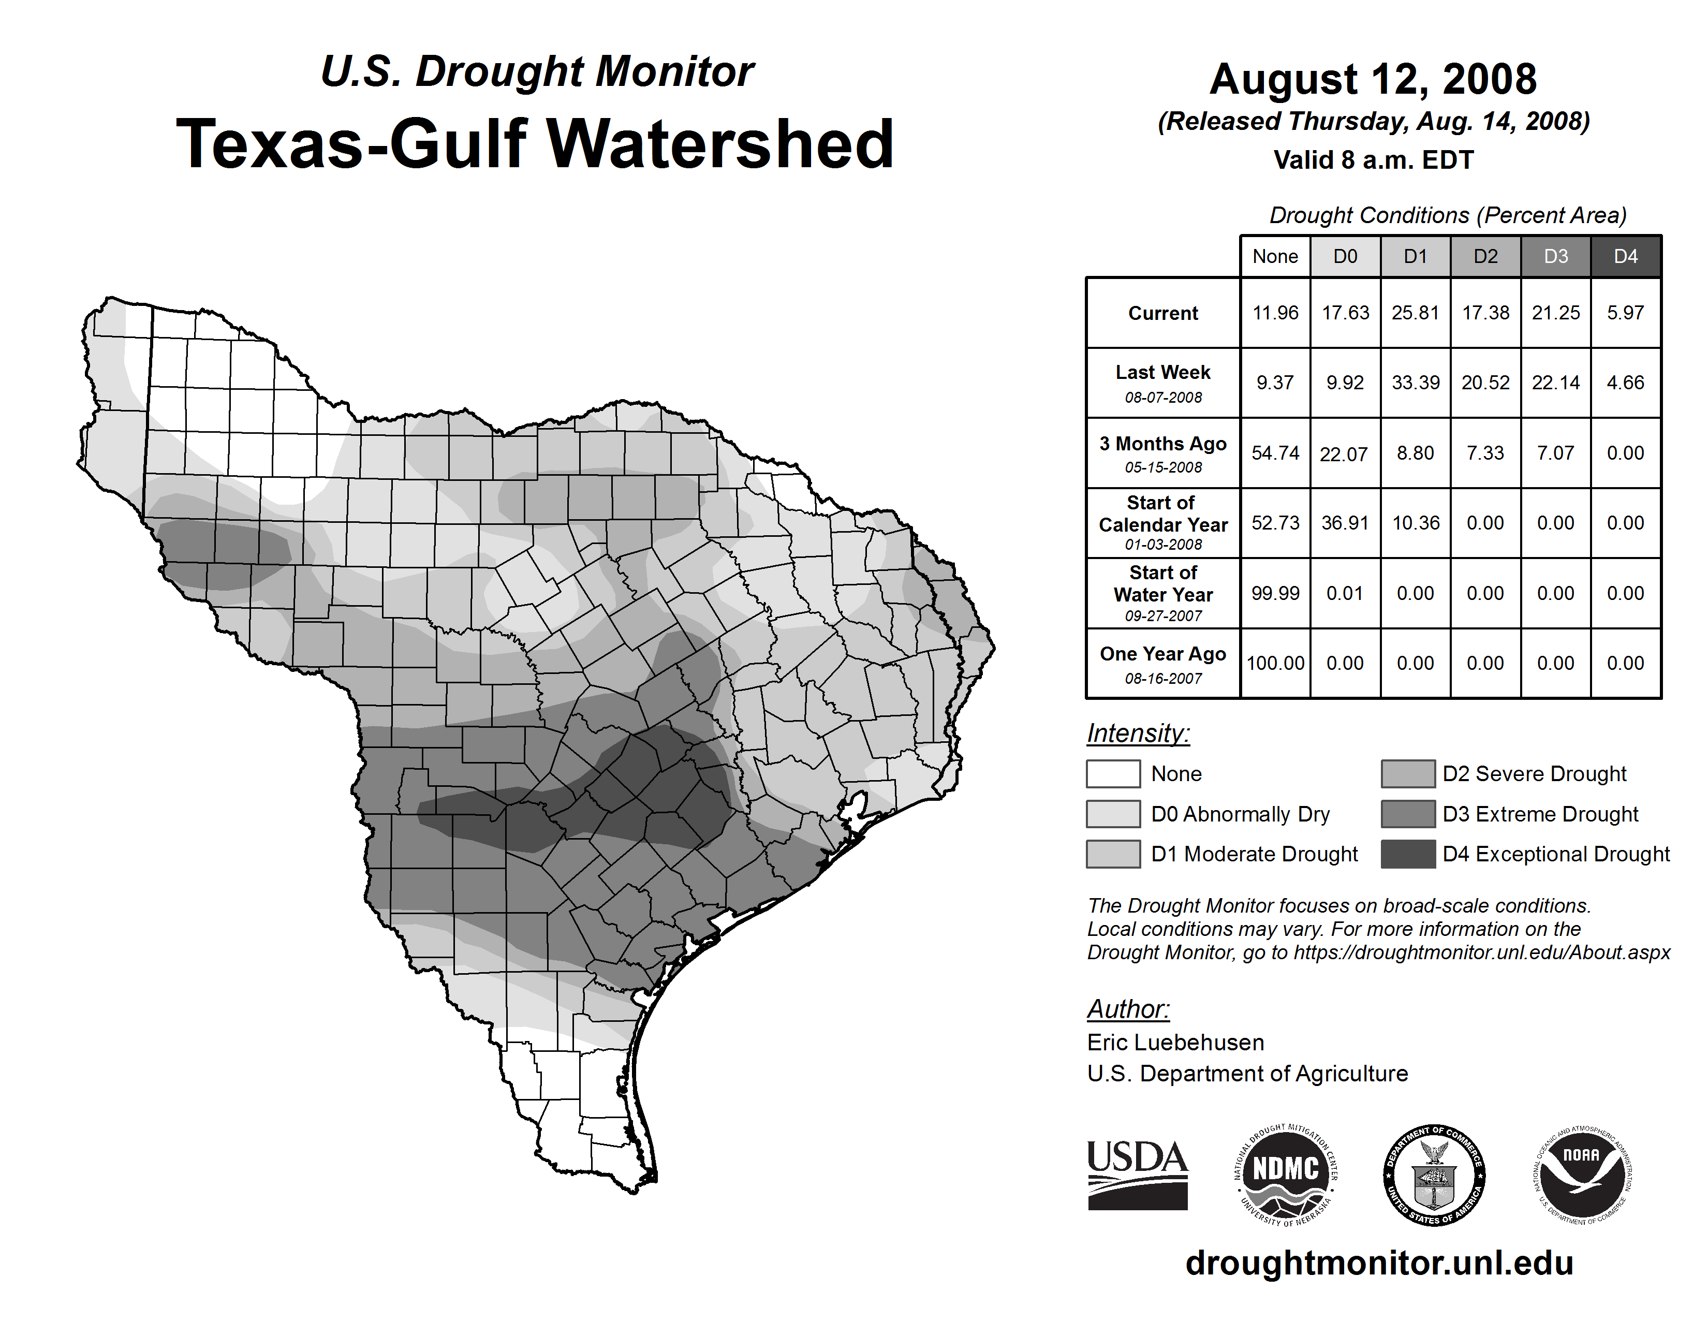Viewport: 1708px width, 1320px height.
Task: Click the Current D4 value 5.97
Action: [x=1625, y=313]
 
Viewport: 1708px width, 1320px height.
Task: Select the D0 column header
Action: [x=1345, y=256]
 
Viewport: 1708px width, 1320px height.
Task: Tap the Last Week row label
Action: [x=1163, y=373]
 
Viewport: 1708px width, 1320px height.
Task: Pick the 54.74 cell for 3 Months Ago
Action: [x=1275, y=453]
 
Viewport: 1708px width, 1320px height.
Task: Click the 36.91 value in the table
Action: [x=1345, y=522]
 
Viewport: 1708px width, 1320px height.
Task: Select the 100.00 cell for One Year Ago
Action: [x=1275, y=663]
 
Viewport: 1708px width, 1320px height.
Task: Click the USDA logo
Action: [x=1137, y=1175]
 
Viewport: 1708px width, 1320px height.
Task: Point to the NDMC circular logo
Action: [x=1286, y=1175]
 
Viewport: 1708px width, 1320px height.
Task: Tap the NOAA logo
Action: [x=1581, y=1175]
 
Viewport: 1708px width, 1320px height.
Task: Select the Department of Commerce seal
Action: [x=1434, y=1175]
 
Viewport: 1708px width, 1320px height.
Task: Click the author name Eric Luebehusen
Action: [x=1175, y=1043]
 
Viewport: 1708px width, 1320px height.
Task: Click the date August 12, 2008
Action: [x=1373, y=79]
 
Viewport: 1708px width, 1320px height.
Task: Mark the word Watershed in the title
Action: [x=719, y=144]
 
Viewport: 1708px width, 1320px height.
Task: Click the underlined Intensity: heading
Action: [x=1138, y=734]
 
